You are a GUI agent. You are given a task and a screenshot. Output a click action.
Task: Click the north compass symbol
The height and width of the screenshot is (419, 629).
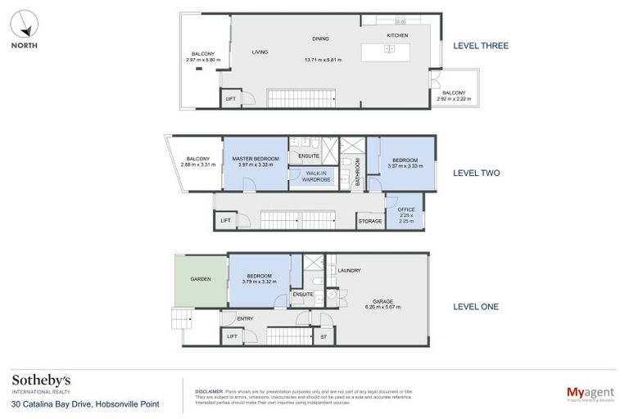25,24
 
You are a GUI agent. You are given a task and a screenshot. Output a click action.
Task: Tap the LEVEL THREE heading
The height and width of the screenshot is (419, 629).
481,46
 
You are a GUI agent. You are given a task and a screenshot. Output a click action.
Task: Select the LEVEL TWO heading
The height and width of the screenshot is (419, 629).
476,173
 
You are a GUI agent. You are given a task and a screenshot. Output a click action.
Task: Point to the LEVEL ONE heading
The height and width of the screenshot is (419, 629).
476,307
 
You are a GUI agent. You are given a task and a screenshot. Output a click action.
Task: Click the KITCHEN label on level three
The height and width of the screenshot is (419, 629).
396,36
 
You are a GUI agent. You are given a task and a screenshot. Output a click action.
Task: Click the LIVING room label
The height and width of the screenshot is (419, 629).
260,52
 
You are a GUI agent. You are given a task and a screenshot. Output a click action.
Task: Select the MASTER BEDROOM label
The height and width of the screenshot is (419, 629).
255,159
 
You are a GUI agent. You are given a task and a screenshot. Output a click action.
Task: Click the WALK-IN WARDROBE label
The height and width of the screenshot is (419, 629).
315,176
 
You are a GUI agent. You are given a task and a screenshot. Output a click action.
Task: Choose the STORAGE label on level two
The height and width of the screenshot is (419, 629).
369,221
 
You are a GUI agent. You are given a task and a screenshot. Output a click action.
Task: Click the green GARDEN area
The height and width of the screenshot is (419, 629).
201,279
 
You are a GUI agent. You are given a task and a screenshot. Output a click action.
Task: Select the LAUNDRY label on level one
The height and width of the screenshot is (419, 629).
349,270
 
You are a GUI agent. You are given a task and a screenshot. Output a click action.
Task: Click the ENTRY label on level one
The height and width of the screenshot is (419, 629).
245,318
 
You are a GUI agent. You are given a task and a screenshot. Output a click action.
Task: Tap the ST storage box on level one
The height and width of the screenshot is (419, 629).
324,336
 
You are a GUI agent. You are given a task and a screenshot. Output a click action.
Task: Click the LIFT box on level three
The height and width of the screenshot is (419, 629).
232,99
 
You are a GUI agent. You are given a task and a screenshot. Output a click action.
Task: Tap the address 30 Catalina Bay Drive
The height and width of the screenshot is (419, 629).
85,404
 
